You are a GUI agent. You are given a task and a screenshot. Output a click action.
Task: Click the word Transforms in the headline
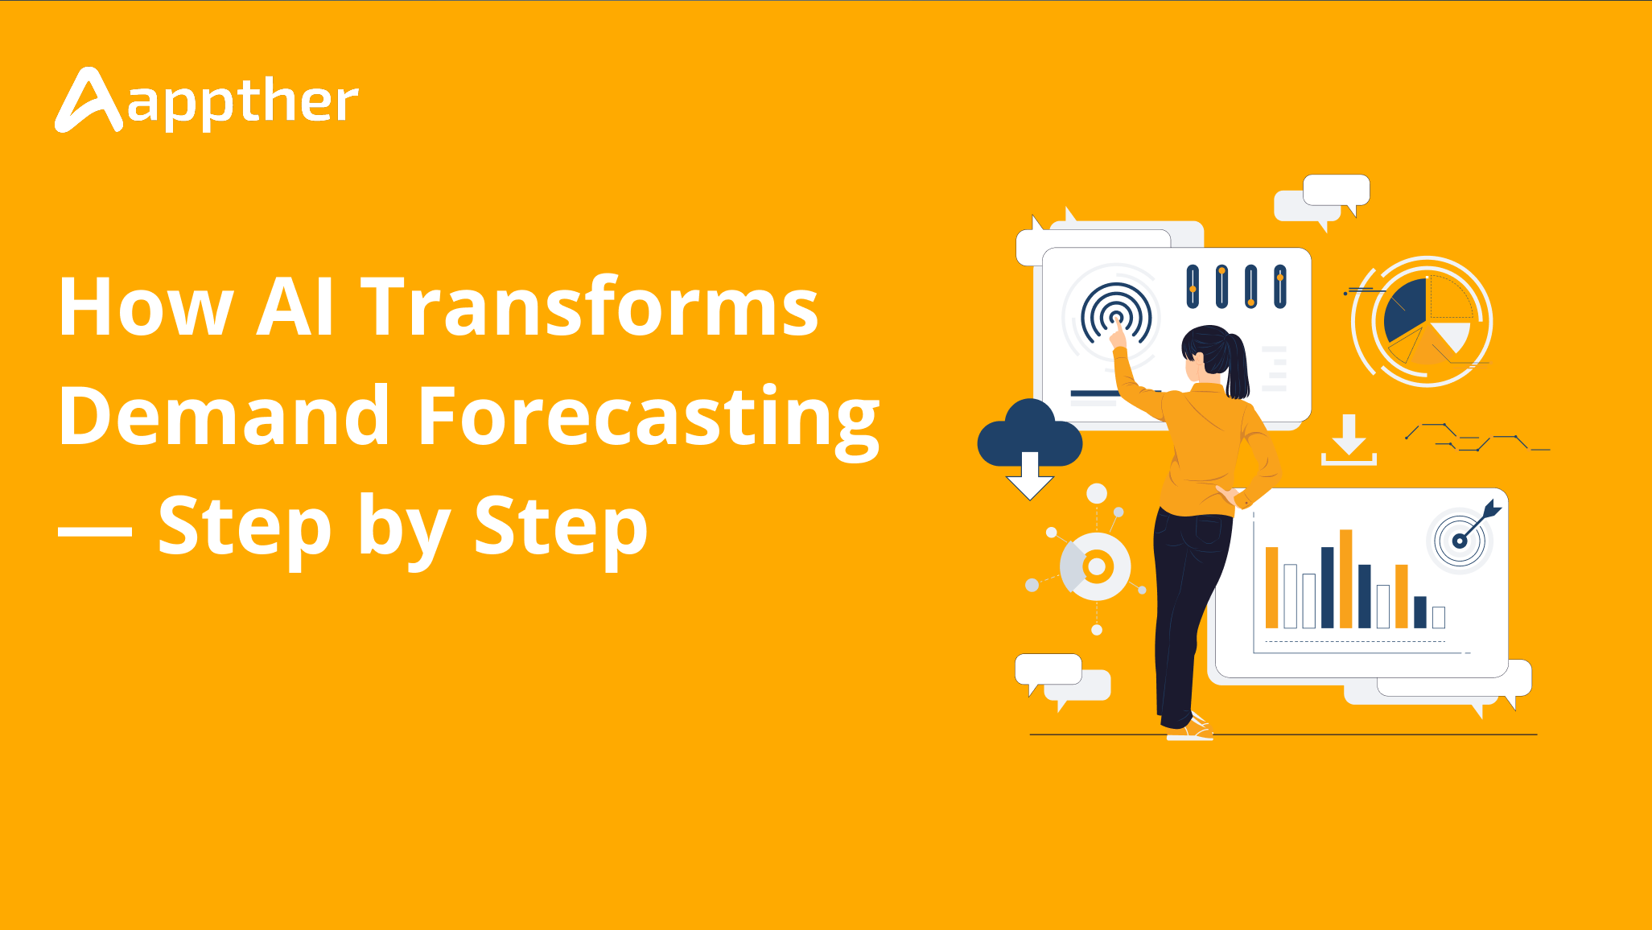pyautogui.click(x=590, y=307)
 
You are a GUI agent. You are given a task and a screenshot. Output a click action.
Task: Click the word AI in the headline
pyautogui.click(x=295, y=307)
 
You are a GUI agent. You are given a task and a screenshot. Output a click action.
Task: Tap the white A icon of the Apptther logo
pyautogui.click(x=89, y=100)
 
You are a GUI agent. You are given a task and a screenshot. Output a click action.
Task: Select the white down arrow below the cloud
pyautogui.click(x=1030, y=476)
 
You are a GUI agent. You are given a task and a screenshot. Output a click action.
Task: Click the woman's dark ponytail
pyautogui.click(x=1238, y=366)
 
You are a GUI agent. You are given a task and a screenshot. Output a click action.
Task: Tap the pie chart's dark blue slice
pyautogui.click(x=1405, y=310)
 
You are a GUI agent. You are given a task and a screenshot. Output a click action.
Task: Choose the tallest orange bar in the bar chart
pyautogui.click(x=1345, y=578)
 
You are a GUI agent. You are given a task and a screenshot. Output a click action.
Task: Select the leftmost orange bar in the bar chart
pyautogui.click(x=1271, y=587)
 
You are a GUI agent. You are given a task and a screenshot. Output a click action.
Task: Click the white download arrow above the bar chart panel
pyautogui.click(x=1349, y=440)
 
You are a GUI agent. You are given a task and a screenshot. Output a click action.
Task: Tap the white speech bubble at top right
pyautogui.click(x=1337, y=191)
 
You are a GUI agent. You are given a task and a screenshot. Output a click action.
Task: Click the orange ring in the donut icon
pyautogui.click(x=1096, y=566)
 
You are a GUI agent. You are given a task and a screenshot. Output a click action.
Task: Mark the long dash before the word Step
pyautogui.click(x=95, y=532)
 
